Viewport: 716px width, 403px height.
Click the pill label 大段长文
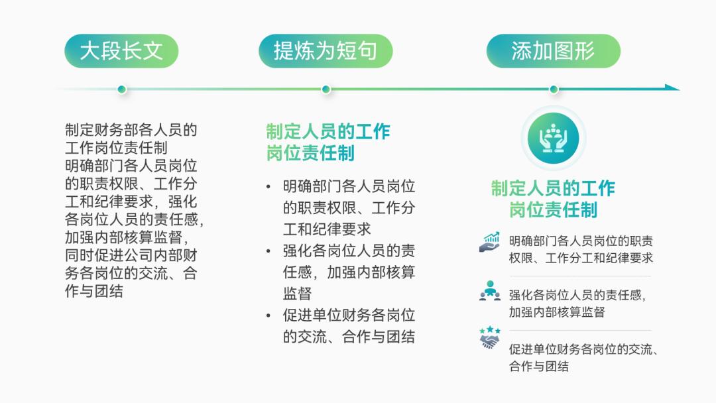tap(121, 51)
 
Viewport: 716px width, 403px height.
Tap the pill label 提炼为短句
tap(326, 51)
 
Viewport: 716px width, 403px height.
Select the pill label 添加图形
tap(553, 51)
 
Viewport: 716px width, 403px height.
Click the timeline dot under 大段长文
tap(121, 89)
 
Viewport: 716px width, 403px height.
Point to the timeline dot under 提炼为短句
tap(326, 89)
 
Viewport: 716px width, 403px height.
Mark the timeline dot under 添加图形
tap(554, 89)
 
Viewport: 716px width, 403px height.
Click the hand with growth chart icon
tap(490, 242)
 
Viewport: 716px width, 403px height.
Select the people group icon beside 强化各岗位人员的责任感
tap(490, 291)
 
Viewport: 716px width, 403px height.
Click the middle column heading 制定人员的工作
tap(328, 131)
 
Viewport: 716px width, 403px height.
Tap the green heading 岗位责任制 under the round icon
tap(553, 210)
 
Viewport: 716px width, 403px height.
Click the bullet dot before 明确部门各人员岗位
tap(268, 187)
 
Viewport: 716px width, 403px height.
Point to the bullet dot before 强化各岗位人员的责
tap(268, 251)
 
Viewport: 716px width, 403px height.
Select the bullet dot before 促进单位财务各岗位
tap(268, 316)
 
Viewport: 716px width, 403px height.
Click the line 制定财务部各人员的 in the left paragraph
tap(131, 130)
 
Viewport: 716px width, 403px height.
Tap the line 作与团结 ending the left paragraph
tap(93, 291)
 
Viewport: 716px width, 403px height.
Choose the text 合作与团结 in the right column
tap(538, 366)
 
